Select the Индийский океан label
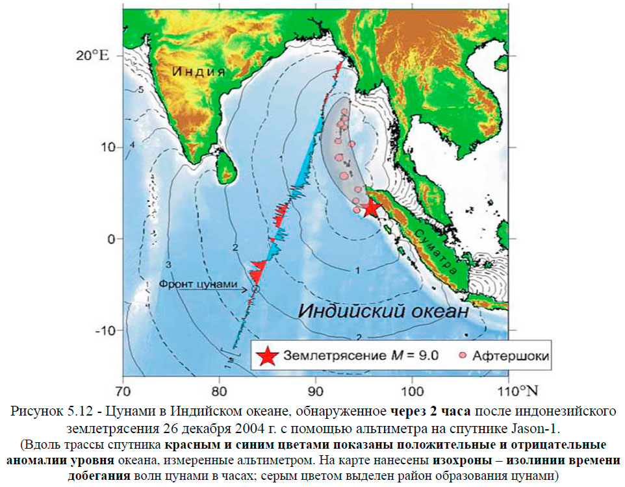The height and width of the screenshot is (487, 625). pos(383,311)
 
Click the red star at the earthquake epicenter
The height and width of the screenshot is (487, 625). pos(370,208)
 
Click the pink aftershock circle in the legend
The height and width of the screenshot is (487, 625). pos(462,356)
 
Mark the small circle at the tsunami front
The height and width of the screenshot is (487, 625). pos(255,290)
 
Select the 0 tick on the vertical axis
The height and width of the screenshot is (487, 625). pos(111,239)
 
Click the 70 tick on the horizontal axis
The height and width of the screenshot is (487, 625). pos(123,391)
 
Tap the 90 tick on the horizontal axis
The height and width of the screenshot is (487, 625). pos(316,391)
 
